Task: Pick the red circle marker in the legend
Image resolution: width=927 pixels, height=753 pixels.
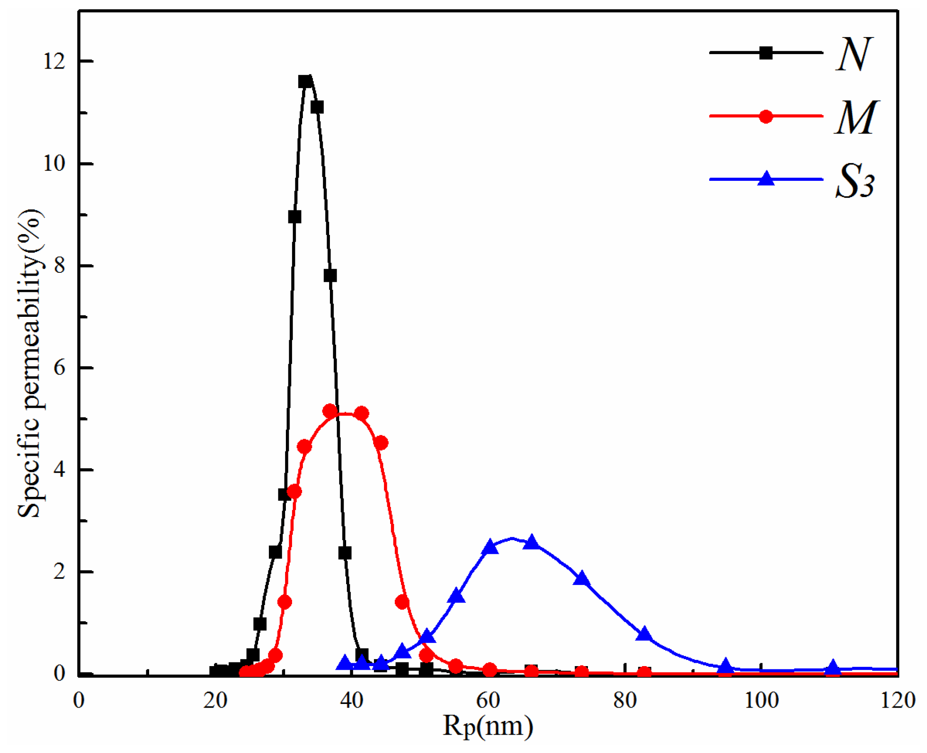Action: click(x=766, y=116)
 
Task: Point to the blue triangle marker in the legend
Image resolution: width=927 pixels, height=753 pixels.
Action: click(x=766, y=179)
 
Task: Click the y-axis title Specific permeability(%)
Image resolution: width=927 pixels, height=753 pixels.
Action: click(x=30, y=363)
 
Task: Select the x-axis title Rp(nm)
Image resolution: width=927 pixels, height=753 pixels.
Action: click(x=487, y=725)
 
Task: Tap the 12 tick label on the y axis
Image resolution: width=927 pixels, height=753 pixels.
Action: click(x=54, y=62)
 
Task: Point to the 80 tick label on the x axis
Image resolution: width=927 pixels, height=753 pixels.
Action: click(x=625, y=700)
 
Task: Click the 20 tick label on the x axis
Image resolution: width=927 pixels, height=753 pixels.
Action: click(x=215, y=700)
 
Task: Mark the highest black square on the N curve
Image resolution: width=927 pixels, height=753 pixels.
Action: click(x=305, y=81)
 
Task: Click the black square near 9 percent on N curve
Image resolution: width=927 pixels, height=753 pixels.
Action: click(x=295, y=217)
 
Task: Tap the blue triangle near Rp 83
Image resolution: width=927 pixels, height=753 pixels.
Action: click(x=644, y=634)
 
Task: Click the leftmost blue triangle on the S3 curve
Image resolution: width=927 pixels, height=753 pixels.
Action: click(x=345, y=662)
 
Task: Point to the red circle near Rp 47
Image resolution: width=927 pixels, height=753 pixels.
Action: click(x=402, y=602)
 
